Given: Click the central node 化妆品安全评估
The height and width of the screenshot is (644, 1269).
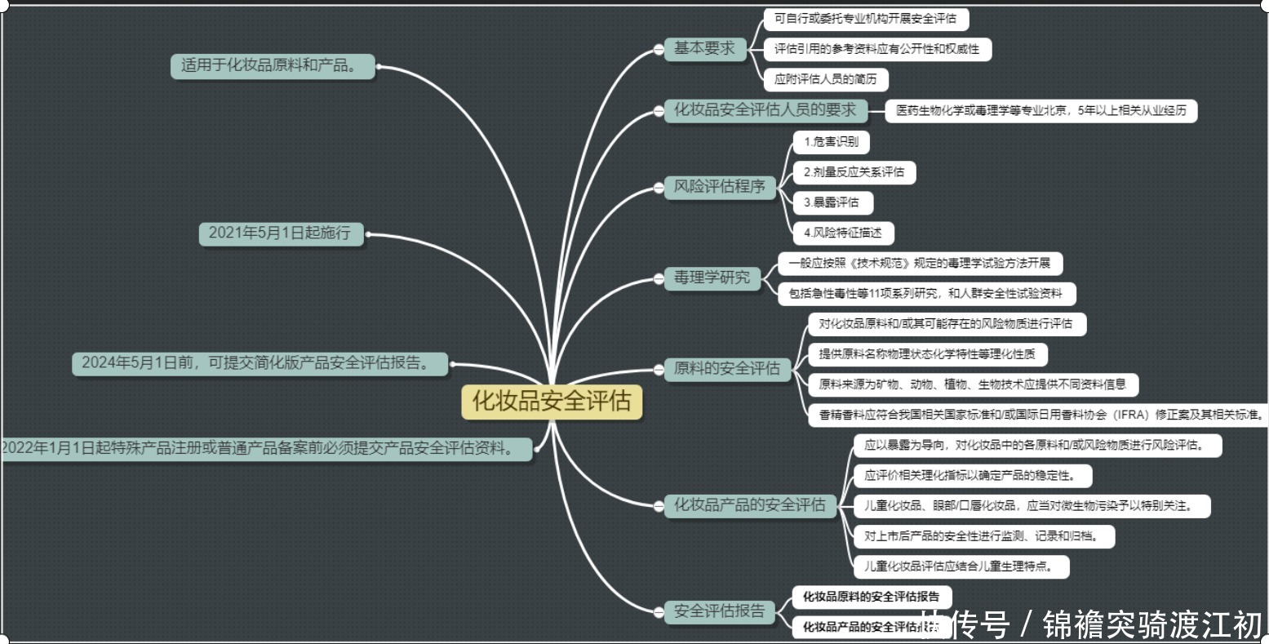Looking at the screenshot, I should coord(552,402).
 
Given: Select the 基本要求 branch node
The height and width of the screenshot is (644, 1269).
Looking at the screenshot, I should coord(704,49).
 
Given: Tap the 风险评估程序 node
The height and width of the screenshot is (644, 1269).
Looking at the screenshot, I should coord(720,187).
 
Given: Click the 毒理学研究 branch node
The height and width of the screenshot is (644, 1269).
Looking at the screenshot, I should coord(712,278).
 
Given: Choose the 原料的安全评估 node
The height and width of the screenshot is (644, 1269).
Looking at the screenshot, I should coord(727,369).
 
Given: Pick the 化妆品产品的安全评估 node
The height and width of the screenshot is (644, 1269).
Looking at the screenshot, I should coord(750,505).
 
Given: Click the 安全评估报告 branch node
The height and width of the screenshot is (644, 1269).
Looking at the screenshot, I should coord(720,611).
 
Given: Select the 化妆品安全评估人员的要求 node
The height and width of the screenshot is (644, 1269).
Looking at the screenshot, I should coord(765,110).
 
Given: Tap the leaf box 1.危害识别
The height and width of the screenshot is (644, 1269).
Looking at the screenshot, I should coord(831,142).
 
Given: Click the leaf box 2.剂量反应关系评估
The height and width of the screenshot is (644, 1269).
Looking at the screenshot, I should coord(854,172).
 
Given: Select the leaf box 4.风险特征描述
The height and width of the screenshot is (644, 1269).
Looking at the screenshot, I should coord(842,233).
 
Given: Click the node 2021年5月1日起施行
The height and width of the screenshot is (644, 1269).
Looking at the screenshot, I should coord(280,233).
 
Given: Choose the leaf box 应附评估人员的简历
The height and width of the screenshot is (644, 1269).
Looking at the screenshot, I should coord(825,80).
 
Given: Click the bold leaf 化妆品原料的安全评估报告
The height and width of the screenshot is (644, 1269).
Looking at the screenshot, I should coord(871,597).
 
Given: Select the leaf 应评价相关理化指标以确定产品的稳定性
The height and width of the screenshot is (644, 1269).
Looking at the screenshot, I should coord(969,475).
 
